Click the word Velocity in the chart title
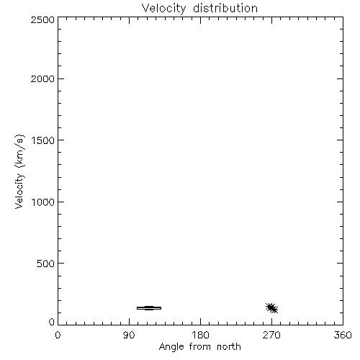pyautogui.click(x=163, y=9)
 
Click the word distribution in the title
pyautogui.click(x=225, y=8)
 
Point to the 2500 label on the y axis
pyautogui.click(x=42, y=19)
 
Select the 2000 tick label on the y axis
pyautogui.click(x=42, y=78)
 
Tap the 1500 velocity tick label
pyautogui.click(x=43, y=140)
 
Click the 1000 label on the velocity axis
pyautogui.click(x=43, y=202)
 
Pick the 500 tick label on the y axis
pyautogui.click(x=46, y=264)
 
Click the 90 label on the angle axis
pyautogui.click(x=129, y=335)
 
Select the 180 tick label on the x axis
pyautogui.click(x=200, y=335)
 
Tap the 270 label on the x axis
pyautogui.click(x=271, y=335)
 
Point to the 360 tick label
pyautogui.click(x=343, y=335)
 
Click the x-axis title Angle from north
pyautogui.click(x=200, y=347)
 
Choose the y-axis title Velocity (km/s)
pyautogui.click(x=19, y=171)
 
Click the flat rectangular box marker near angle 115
pyautogui.click(x=149, y=308)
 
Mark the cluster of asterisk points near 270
pyautogui.click(x=271, y=308)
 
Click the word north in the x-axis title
pyautogui.click(x=229, y=346)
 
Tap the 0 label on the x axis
pyautogui.click(x=58, y=335)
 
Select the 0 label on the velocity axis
pyautogui.click(x=52, y=322)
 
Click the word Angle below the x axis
pyautogui.click(x=171, y=347)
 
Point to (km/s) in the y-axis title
pyautogui.click(x=19, y=150)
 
